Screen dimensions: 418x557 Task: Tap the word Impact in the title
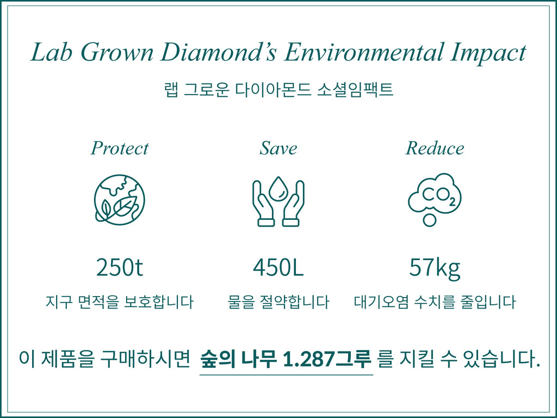tap(488, 53)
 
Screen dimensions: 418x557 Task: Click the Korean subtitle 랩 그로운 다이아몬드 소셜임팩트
tap(278, 89)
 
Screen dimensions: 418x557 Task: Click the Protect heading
tap(120, 148)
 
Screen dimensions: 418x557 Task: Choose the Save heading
tap(278, 148)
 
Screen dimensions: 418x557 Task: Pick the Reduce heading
tap(435, 148)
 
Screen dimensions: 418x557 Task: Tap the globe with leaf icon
tap(120, 199)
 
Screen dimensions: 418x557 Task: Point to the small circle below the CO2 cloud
tap(430, 220)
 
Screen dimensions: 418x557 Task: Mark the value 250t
tap(120, 267)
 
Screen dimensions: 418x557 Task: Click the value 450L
tap(278, 267)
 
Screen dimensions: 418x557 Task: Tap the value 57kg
tap(435, 268)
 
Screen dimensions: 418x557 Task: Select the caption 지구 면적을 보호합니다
tap(120, 302)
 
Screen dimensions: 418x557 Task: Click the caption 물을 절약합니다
tap(278, 302)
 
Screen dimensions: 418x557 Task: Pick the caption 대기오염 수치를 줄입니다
tap(435, 302)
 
